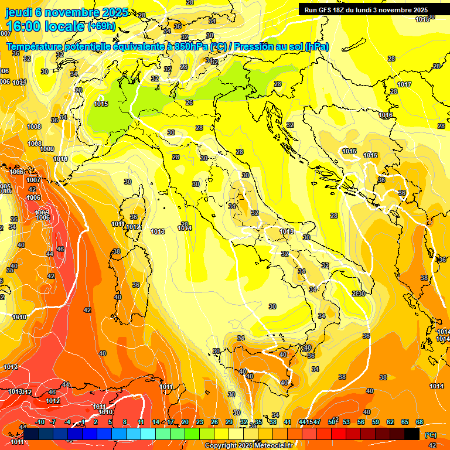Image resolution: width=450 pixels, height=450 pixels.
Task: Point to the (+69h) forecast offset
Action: [101, 26]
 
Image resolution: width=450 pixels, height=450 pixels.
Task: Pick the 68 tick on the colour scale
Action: [420, 422]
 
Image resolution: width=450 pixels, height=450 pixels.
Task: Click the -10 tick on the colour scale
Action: [40, 422]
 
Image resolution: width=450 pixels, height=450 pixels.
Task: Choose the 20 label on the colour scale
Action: [185, 422]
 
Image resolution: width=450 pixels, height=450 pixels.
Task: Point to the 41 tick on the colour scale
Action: [288, 422]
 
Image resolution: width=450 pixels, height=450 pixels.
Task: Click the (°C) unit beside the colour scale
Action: [430, 435]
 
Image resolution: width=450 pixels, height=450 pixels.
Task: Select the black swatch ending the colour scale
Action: [412, 434]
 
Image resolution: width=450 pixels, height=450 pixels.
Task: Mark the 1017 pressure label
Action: [404, 85]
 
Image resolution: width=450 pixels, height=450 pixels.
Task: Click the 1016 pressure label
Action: [386, 115]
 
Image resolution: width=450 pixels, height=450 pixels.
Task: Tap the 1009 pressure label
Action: [47, 149]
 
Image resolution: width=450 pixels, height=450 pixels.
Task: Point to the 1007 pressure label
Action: [33, 180]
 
